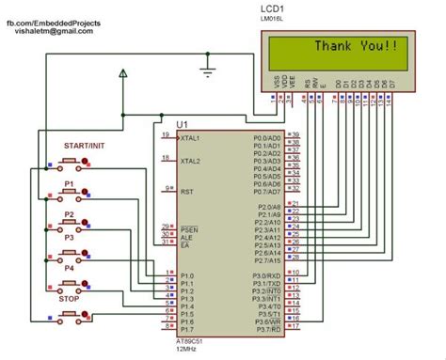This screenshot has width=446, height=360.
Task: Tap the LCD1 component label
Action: (x=276, y=8)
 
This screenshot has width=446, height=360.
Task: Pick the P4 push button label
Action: (x=70, y=268)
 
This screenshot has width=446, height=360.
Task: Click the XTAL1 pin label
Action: (x=191, y=137)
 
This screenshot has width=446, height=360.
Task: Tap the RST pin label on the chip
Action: (x=186, y=191)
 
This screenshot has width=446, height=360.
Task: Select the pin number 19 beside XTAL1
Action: (x=166, y=135)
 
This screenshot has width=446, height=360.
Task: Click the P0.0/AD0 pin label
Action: (x=266, y=137)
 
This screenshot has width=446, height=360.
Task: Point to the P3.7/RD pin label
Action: (x=268, y=329)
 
